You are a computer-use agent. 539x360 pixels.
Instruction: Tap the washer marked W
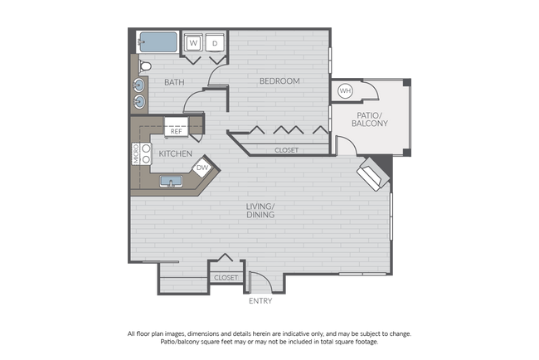tap(192, 42)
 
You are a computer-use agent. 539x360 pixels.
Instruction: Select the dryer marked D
tap(215, 42)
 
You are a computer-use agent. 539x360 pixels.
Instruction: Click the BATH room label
tap(173, 82)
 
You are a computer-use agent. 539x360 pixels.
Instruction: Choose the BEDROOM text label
tap(279, 80)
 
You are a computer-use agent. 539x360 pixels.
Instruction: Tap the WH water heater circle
tap(345, 90)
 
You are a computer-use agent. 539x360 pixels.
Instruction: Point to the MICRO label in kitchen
tap(136, 154)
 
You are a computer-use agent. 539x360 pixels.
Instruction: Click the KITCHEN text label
tap(176, 154)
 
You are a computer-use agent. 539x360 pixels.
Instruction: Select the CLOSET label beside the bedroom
tap(286, 150)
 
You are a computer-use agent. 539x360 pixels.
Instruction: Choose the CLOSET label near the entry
tap(226, 277)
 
